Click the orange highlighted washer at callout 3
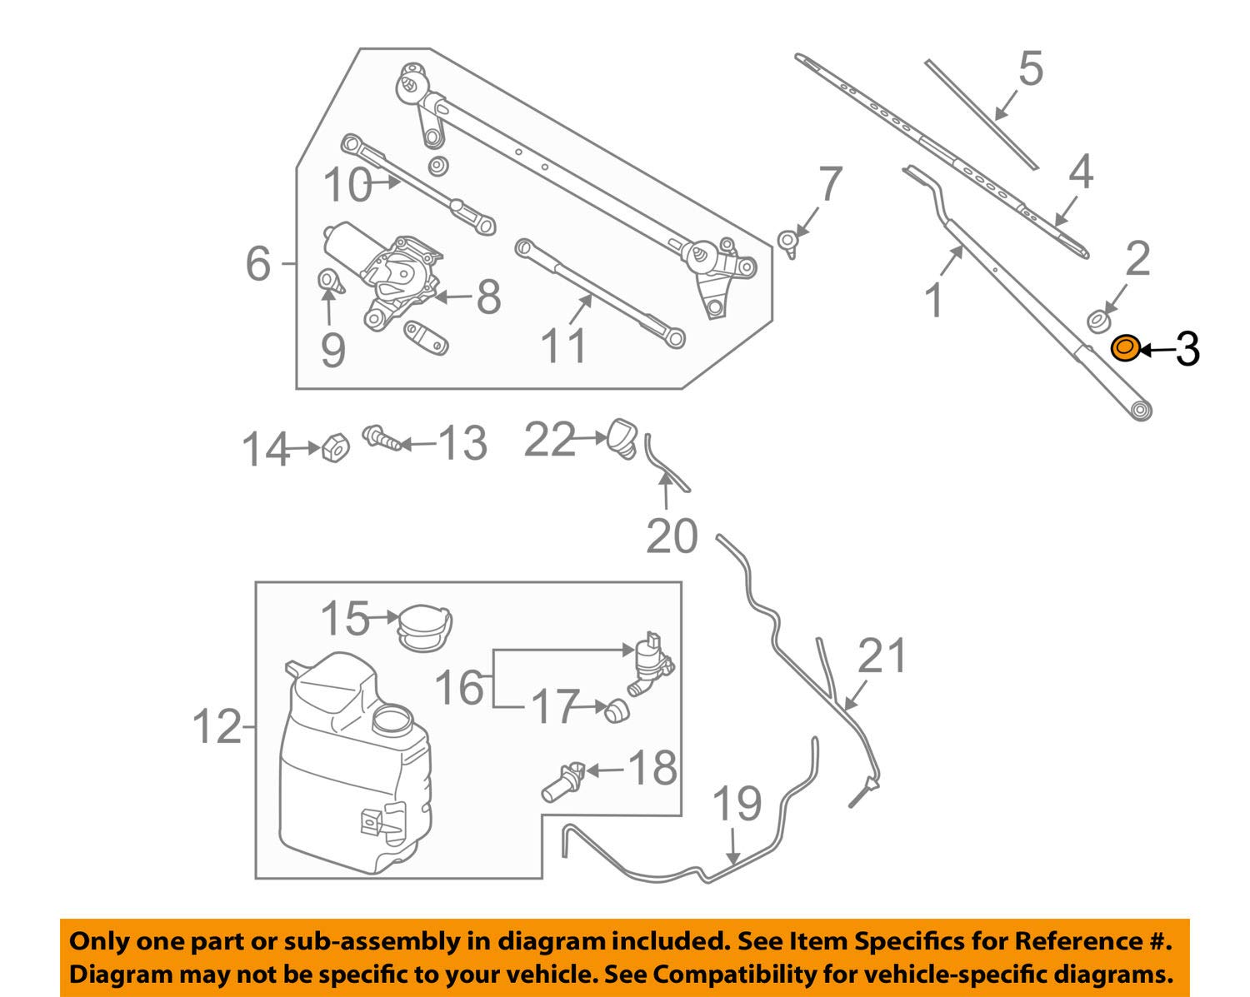(1125, 348)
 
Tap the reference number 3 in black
(1187, 350)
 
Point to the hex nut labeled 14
(335, 447)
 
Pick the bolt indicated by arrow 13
(382, 438)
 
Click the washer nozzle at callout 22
(623, 438)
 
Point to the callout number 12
(216, 726)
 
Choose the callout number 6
(257, 263)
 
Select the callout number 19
(737, 805)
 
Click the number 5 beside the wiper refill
(1031, 68)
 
